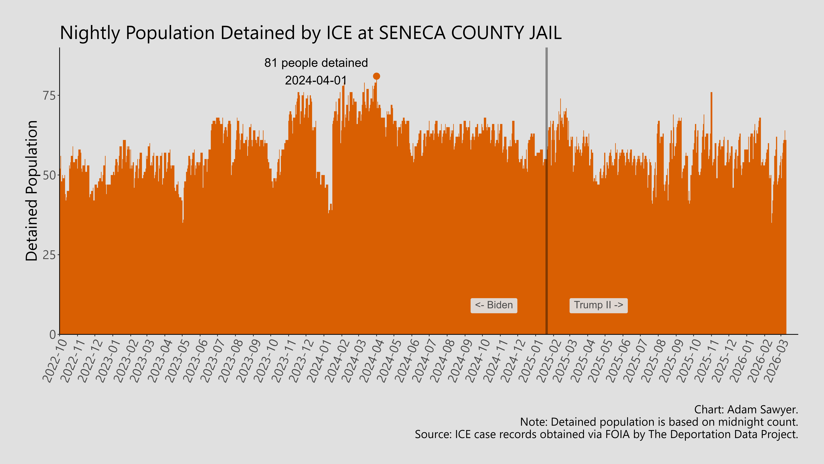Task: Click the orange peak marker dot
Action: [376, 76]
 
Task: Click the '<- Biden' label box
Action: [494, 305]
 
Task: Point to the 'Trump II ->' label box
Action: [598, 305]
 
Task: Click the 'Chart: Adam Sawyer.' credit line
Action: [746, 410]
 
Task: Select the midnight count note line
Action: [659, 422]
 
